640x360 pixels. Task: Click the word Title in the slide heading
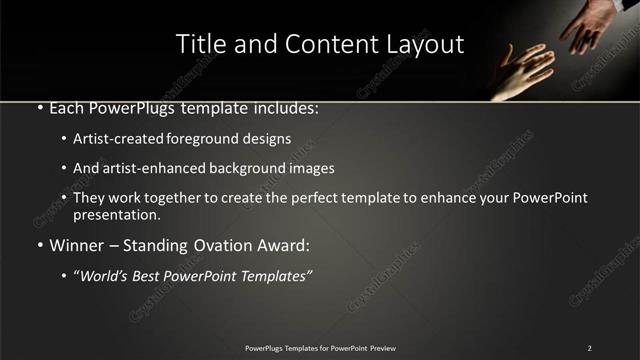pos(199,45)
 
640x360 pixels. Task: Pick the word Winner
pos(77,245)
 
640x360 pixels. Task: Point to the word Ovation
pos(233,245)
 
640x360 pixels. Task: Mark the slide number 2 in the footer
pos(589,348)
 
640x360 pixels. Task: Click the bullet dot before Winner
pos(39,245)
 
